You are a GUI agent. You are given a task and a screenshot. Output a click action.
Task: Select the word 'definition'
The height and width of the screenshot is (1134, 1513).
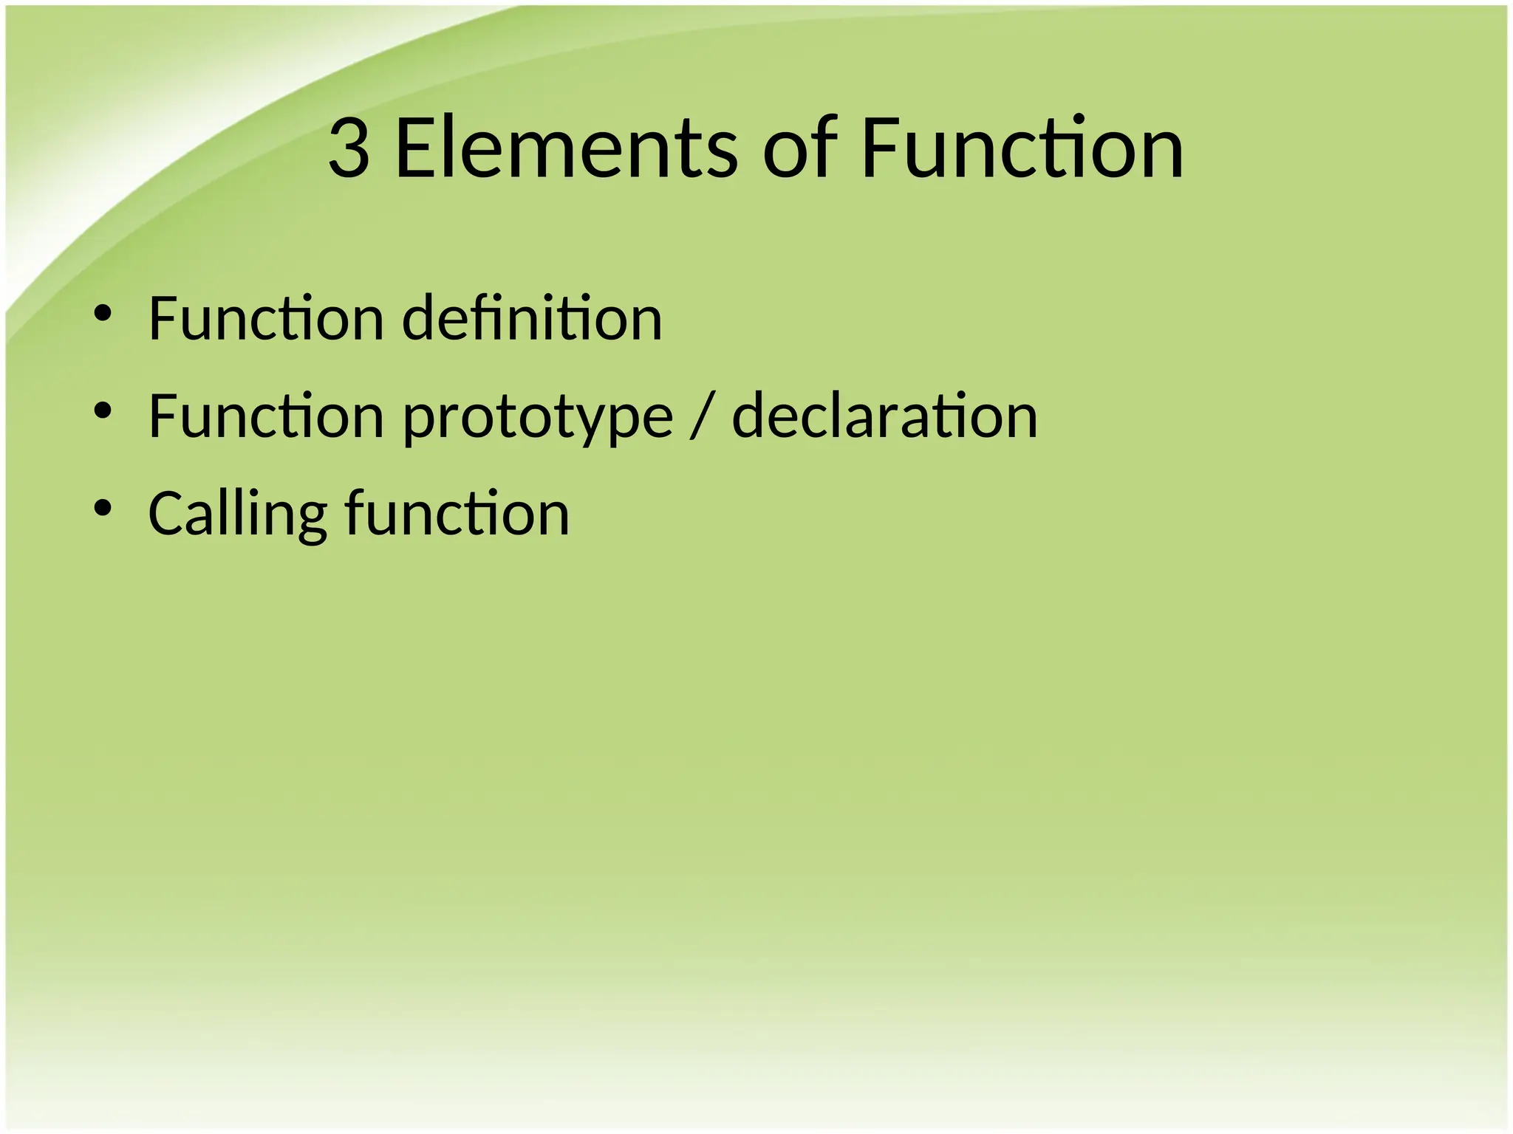pyautogui.click(x=532, y=318)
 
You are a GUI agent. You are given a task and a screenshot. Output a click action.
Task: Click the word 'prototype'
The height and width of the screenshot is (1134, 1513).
pyautogui.click(x=538, y=418)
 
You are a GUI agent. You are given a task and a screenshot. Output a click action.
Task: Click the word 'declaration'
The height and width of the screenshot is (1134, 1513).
pyautogui.click(x=884, y=416)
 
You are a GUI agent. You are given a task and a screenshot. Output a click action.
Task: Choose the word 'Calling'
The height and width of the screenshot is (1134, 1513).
pyautogui.click(x=237, y=515)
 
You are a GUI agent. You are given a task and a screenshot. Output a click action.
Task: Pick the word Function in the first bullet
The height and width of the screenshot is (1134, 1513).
pyautogui.click(x=266, y=318)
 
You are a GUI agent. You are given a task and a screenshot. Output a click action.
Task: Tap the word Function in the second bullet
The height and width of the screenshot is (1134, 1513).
pyautogui.click(x=266, y=416)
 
